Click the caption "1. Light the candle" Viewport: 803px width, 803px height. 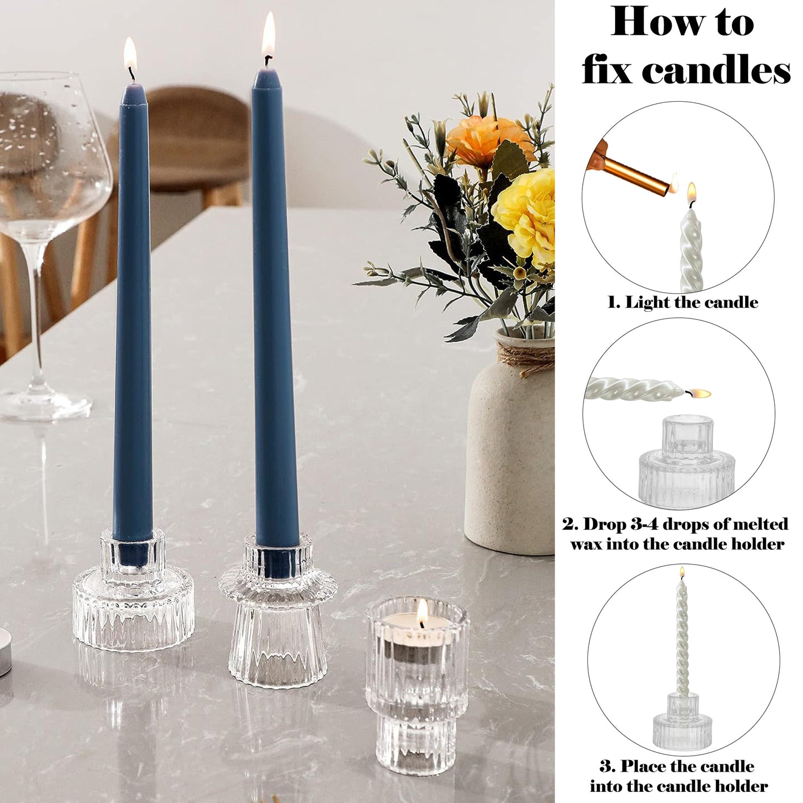682,302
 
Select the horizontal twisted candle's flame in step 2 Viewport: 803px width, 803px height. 698,393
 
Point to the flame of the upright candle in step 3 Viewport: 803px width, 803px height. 682,573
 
